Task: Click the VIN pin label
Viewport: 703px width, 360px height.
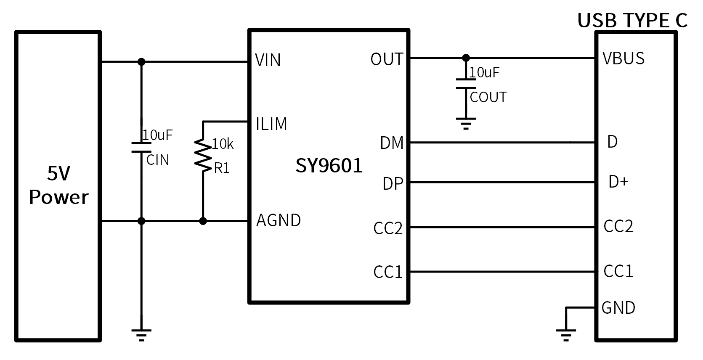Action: coord(268,60)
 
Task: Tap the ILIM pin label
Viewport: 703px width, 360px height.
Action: coord(271,124)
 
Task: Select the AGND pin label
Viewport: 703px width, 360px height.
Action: coord(279,220)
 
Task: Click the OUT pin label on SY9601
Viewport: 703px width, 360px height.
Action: coord(387,59)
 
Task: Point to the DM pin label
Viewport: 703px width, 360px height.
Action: coord(392,143)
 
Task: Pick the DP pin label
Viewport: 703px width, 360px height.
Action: coord(393,184)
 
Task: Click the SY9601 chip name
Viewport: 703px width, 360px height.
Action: coord(329,166)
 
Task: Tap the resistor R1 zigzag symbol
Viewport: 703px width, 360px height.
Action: coord(203,156)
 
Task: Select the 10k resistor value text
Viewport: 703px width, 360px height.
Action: coord(223,144)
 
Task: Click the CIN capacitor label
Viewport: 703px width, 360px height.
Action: coord(158,160)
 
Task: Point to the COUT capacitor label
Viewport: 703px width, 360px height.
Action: coord(488,98)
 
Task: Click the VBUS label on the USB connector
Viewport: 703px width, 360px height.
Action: coord(623,58)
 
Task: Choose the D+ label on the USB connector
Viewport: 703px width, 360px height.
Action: coord(618,182)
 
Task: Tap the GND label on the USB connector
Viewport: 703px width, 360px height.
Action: coord(618,308)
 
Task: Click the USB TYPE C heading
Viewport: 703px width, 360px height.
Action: coord(632,20)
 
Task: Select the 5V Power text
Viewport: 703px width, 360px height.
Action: coord(59,185)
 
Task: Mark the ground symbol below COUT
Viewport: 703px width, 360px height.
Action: coord(466,123)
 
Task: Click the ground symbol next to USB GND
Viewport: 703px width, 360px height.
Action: coord(566,334)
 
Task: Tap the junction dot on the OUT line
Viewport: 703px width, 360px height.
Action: coord(466,58)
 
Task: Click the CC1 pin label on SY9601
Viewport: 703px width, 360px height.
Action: coord(388,272)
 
